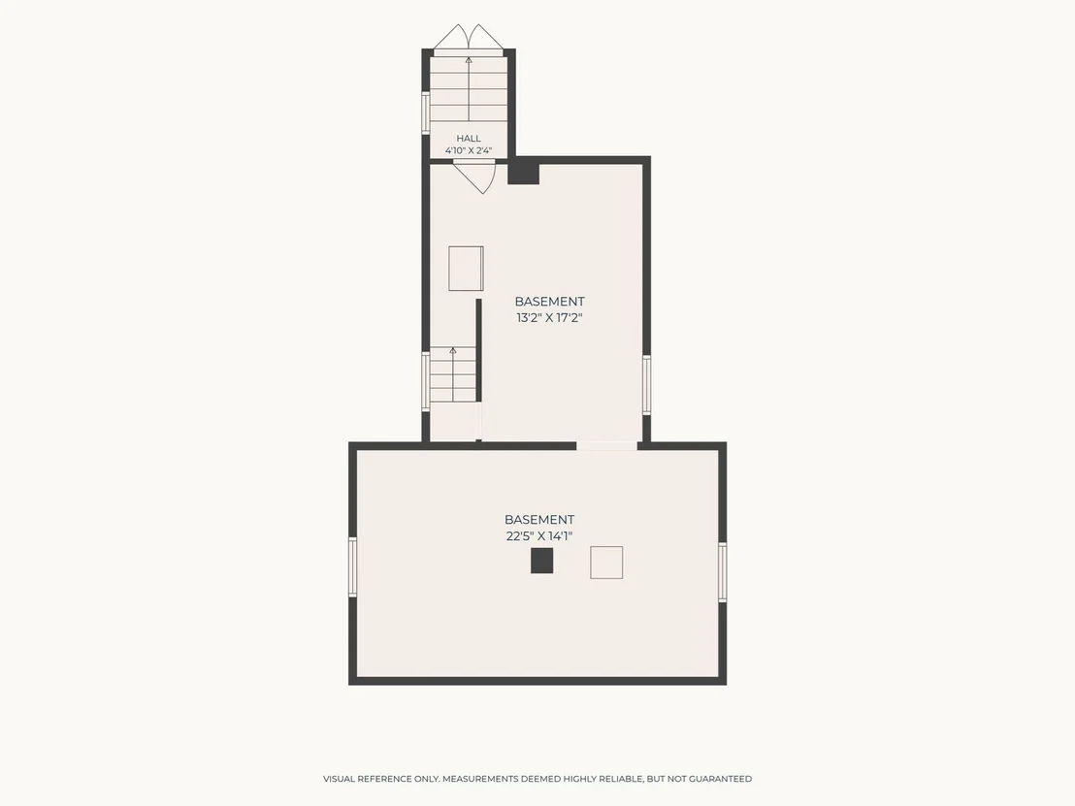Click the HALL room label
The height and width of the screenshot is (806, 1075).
469,139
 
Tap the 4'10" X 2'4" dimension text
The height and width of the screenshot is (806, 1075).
469,150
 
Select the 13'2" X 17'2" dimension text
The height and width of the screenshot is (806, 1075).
549,317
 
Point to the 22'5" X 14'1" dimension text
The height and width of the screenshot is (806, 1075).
538,536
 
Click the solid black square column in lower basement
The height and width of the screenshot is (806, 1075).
541,561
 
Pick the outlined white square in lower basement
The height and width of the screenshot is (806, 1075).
606,563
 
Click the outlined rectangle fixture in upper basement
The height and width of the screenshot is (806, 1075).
467,269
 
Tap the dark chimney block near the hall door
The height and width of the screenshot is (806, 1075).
524,172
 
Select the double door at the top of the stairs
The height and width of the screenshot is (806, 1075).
469,39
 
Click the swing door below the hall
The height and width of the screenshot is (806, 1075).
475,177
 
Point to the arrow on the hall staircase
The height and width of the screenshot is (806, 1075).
469,89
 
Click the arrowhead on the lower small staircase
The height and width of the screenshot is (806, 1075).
452,351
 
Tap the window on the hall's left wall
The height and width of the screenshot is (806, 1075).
426,113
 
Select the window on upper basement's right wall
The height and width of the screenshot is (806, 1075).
646,384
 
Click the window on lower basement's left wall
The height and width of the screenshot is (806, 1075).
353,566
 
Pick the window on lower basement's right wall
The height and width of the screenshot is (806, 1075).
723,572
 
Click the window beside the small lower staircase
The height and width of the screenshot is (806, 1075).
426,380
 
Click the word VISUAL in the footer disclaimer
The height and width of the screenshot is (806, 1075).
339,779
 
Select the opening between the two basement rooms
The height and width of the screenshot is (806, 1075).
606,446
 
